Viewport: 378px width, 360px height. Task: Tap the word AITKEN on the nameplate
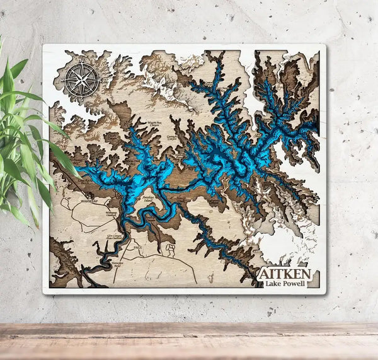[283, 274]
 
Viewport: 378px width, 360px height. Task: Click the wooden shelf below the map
[189, 340]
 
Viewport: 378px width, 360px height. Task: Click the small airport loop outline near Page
[169, 252]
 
